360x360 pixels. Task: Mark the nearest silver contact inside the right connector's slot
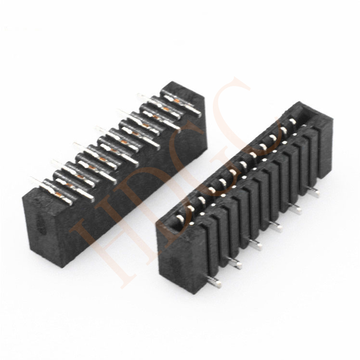pos(180,219)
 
